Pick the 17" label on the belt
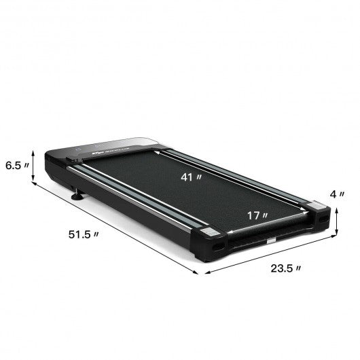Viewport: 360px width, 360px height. point(257,216)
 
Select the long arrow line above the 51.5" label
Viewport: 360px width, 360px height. point(115,228)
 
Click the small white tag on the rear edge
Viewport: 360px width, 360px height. point(272,240)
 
